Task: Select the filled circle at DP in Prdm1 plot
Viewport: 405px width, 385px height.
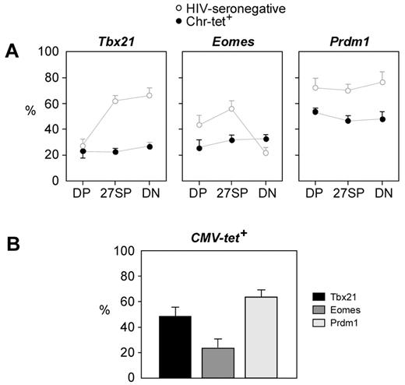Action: click(x=315, y=111)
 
